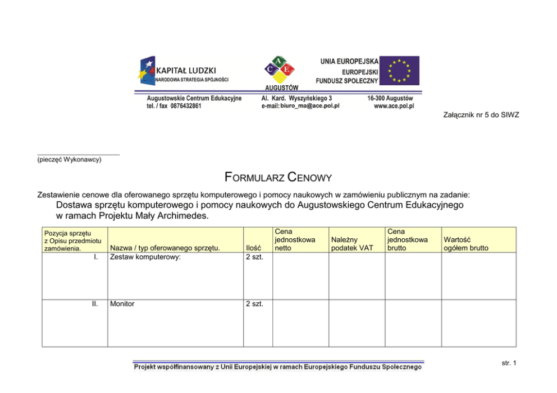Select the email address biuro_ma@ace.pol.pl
pyautogui.click(x=309, y=106)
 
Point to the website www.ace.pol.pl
pyautogui.click(x=394, y=106)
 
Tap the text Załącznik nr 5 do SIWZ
pyautogui.click(x=481, y=115)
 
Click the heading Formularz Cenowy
pyautogui.click(x=278, y=179)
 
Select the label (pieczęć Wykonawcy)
pyautogui.click(x=69, y=160)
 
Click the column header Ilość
pyautogui.click(x=254, y=248)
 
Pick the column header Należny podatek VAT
pyautogui.click(x=352, y=243)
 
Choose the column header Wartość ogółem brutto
pyautogui.click(x=465, y=243)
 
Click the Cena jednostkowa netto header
pyautogui.click(x=295, y=239)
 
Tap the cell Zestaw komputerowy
pyautogui.click(x=145, y=257)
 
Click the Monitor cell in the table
pyautogui.click(x=122, y=304)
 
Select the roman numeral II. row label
pyautogui.click(x=95, y=304)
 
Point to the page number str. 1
pyautogui.click(x=509, y=363)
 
